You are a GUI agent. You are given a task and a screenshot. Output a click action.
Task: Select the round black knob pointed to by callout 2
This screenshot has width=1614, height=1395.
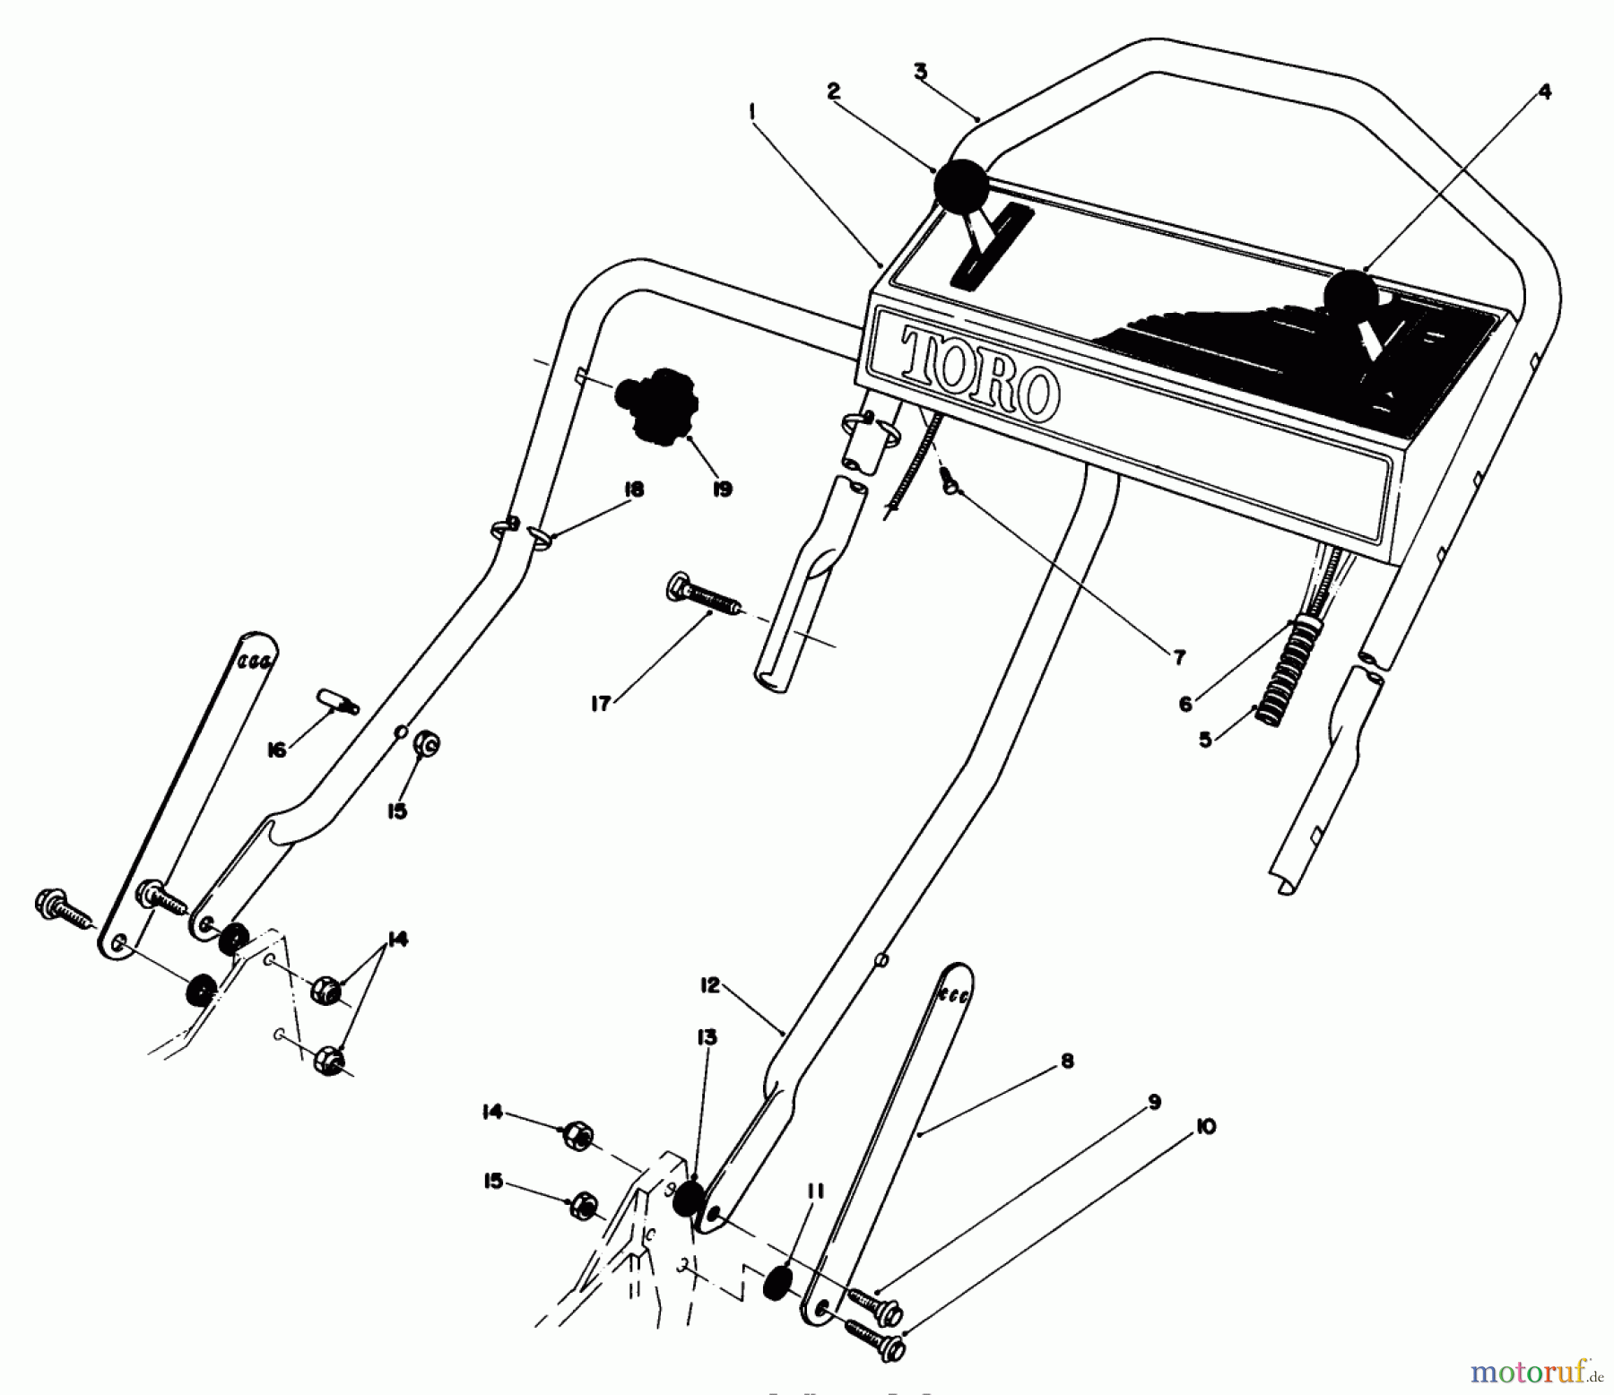tap(960, 186)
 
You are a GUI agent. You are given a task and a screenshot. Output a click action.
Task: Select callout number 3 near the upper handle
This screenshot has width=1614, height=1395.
tap(920, 72)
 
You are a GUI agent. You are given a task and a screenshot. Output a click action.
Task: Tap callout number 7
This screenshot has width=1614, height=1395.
tap(1178, 658)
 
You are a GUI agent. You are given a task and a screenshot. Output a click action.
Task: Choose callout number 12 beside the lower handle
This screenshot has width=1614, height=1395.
tap(709, 985)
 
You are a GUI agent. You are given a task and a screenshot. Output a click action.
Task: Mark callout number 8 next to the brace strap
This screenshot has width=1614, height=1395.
tap(1066, 1061)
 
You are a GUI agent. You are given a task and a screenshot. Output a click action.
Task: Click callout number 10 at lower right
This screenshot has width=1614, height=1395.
tap(1206, 1127)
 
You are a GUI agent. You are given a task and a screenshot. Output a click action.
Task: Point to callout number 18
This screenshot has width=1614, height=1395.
tap(633, 490)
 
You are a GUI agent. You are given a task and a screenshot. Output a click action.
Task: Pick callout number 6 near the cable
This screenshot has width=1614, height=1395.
tap(1185, 704)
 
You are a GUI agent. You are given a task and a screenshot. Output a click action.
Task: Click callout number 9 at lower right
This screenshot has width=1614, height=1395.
tap(1154, 1102)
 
